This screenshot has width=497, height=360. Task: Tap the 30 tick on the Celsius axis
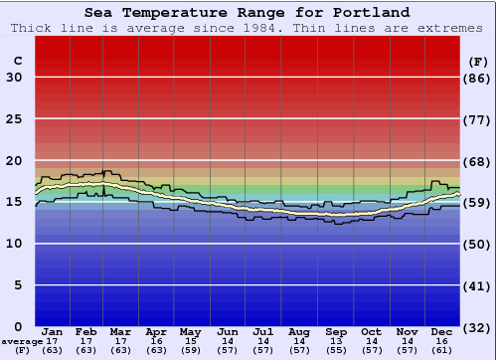click(14, 78)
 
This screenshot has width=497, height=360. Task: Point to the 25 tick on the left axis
click(14, 119)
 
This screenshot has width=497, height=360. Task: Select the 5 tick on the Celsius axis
click(18, 285)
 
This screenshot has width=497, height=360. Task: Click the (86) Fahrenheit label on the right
click(478, 78)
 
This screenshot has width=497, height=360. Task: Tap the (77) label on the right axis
click(478, 119)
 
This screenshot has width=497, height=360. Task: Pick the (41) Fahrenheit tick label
click(478, 285)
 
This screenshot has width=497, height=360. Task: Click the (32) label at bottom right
click(478, 327)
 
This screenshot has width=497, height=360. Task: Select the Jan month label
click(53, 332)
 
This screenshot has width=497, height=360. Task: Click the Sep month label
click(336, 332)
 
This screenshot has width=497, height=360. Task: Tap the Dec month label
click(442, 332)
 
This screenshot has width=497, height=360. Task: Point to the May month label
click(190, 332)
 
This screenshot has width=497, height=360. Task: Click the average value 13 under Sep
click(336, 341)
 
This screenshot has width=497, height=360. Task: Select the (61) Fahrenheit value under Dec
click(442, 350)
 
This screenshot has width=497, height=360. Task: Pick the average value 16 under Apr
click(155, 341)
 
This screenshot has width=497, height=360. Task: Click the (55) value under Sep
click(336, 350)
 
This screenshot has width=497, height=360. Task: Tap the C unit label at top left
click(17, 61)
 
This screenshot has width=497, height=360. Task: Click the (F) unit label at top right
click(478, 61)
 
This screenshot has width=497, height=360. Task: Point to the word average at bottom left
click(18, 341)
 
